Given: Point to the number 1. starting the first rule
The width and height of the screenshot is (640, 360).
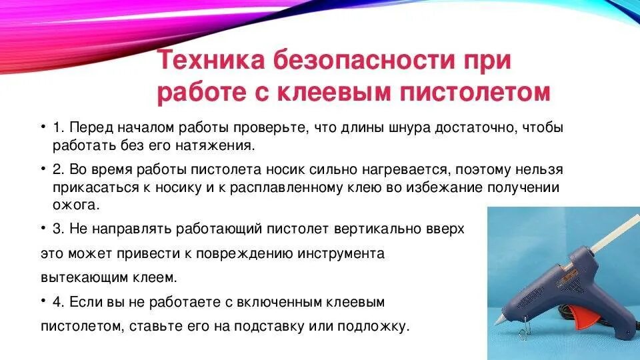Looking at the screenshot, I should pyautogui.click(x=58, y=127).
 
